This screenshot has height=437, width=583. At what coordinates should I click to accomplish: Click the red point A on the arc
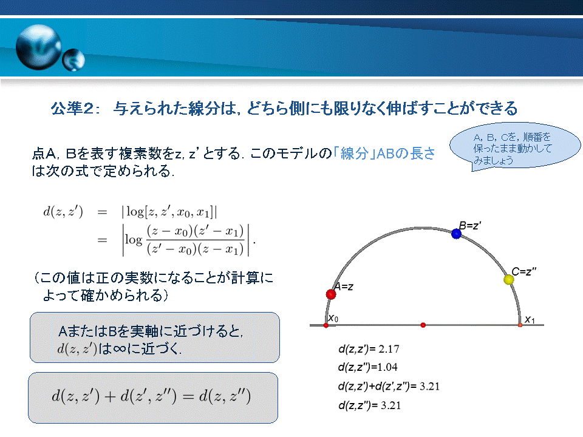pyautogui.click(x=331, y=294)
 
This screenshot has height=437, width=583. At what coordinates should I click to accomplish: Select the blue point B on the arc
pyautogui.click(x=456, y=233)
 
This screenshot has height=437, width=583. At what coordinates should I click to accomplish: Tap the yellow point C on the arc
pyautogui.click(x=509, y=279)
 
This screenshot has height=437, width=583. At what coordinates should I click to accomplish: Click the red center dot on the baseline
pyautogui.click(x=423, y=325)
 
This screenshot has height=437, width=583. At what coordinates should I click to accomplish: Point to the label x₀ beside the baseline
pyautogui.click(x=333, y=319)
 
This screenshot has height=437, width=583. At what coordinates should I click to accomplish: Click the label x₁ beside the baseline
pyautogui.click(x=530, y=320)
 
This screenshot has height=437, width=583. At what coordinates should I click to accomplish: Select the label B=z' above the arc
pyautogui.click(x=470, y=225)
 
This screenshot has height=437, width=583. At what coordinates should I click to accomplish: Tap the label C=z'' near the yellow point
pyautogui.click(x=524, y=272)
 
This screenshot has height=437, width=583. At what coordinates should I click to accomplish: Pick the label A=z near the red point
pyautogui.click(x=344, y=286)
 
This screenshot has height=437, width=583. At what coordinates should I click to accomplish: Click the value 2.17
pyautogui.click(x=389, y=349)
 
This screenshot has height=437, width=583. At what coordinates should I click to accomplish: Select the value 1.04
pyautogui.click(x=387, y=367)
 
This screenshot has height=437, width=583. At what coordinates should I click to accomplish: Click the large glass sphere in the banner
pyautogui.click(x=39, y=47)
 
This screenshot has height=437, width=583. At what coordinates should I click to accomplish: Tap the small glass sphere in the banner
pyautogui.click(x=73, y=60)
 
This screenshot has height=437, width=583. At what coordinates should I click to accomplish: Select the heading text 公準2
pyautogui.click(x=75, y=109)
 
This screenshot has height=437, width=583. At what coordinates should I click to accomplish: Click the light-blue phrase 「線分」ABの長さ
pyautogui.click(x=384, y=154)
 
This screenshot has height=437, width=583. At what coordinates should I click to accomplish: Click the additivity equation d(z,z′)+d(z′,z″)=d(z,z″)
pyautogui.click(x=151, y=396)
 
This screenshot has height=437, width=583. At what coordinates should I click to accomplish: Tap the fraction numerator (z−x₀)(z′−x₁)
pyautogui.click(x=195, y=231)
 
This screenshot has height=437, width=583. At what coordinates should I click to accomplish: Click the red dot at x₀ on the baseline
pyautogui.click(x=326, y=325)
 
